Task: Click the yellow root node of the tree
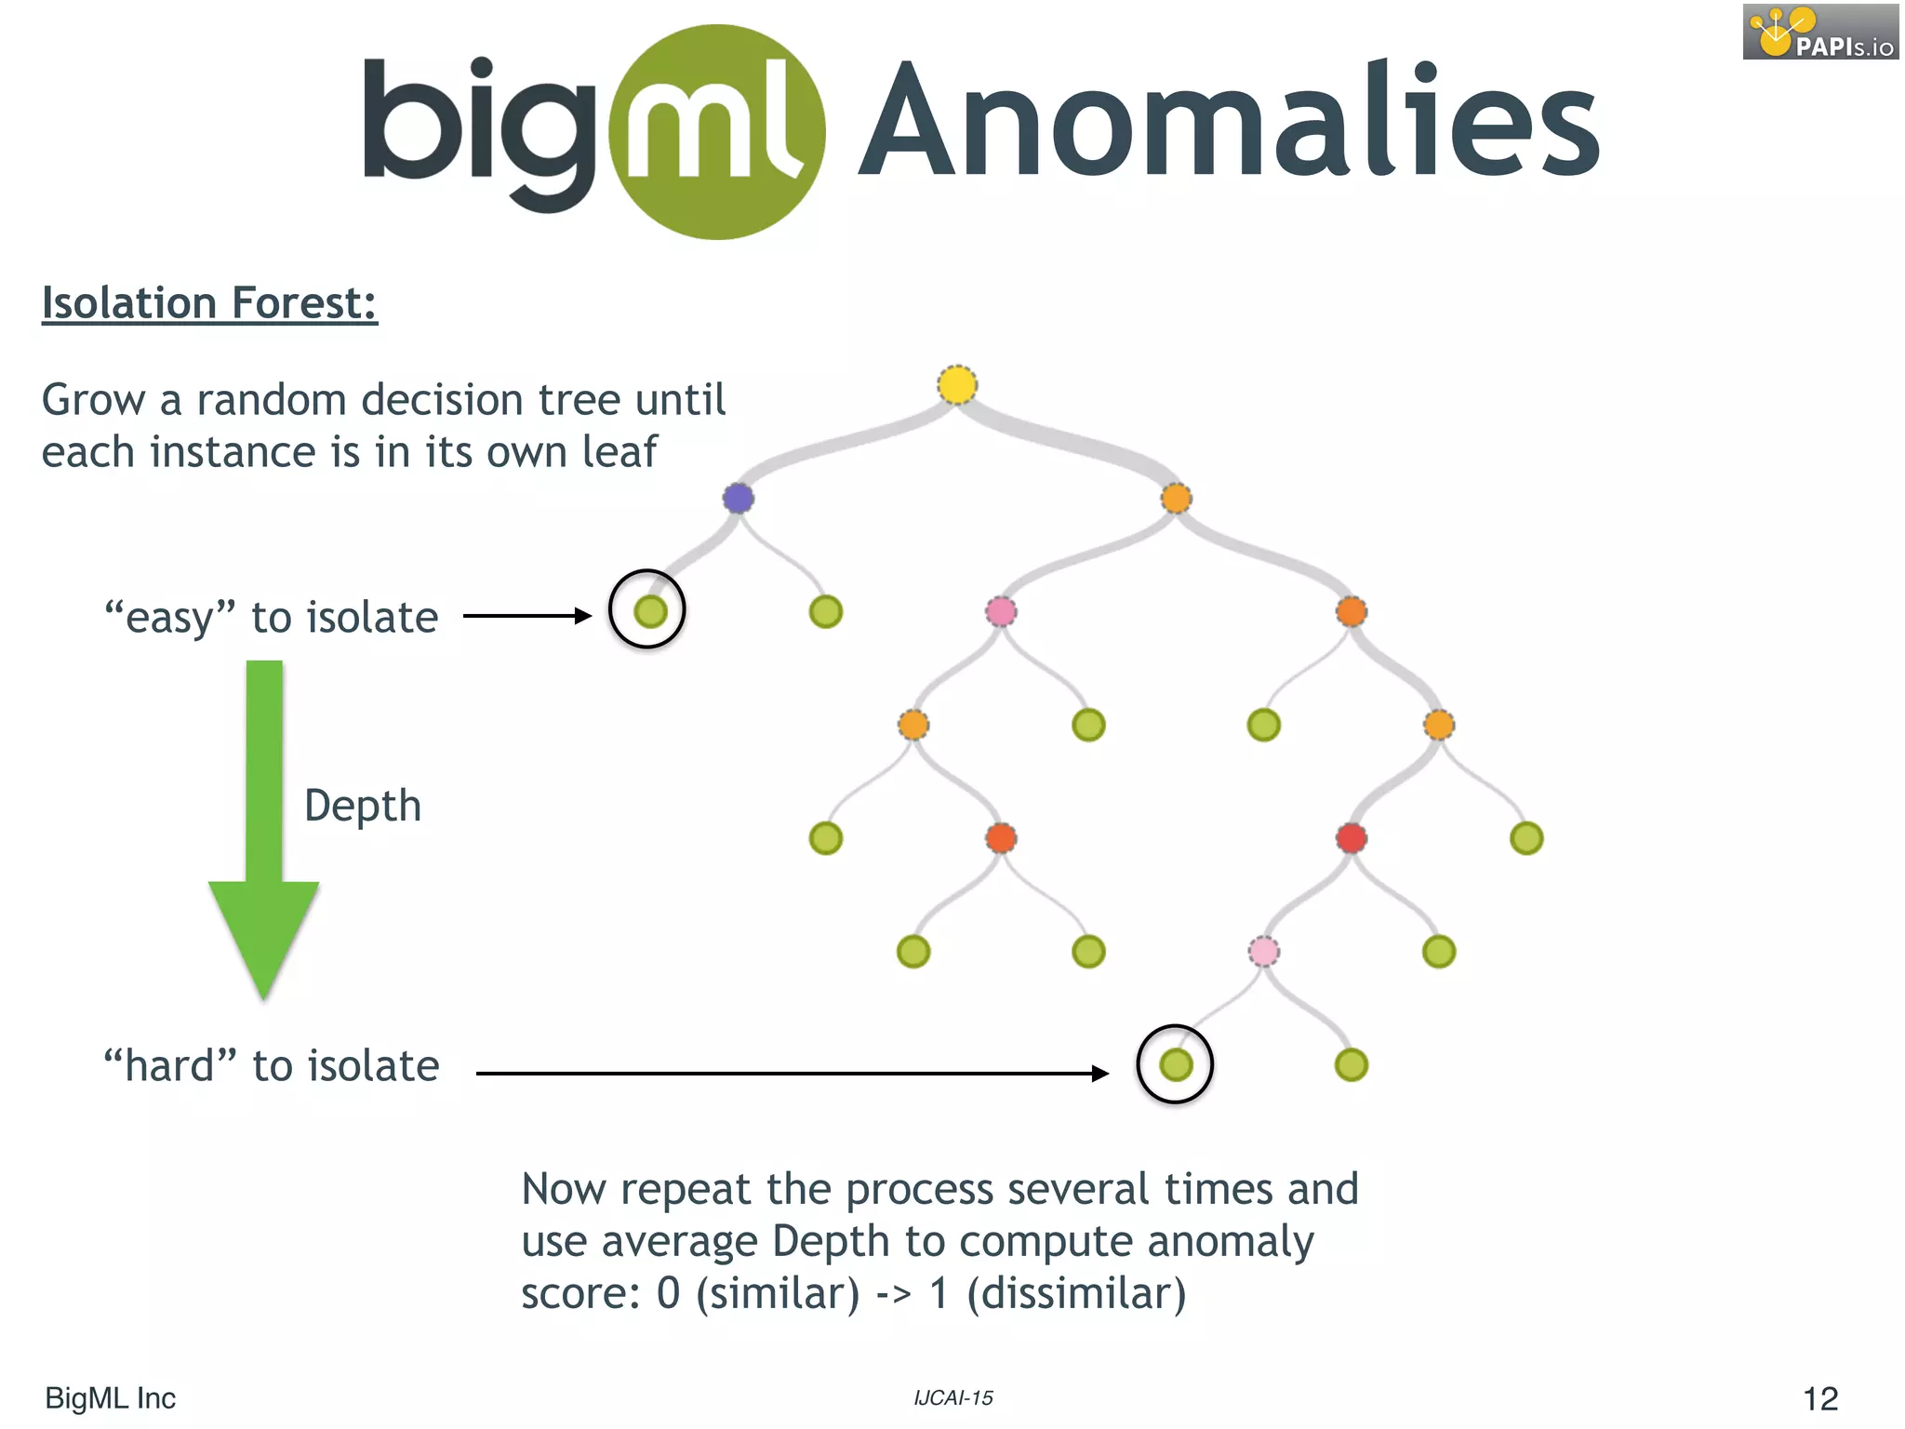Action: pos(957,385)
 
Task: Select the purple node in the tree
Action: pos(739,498)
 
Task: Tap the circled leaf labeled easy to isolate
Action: pos(649,611)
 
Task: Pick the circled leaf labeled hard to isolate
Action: pos(1176,1064)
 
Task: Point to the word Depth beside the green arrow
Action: pos(363,806)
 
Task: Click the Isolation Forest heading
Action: pos(209,303)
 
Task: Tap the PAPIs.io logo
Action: pos(1820,32)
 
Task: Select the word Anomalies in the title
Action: pos(1228,121)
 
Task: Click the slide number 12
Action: pos(1819,1398)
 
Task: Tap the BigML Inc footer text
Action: pos(110,1398)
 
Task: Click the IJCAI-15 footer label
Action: pos(952,1397)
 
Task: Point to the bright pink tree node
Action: pos(1001,611)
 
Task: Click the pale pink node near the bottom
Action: pos(1263,951)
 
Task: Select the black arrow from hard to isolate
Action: pos(791,1074)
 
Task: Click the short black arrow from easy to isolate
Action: pos(526,616)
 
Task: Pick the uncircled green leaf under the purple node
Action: pos(825,611)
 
